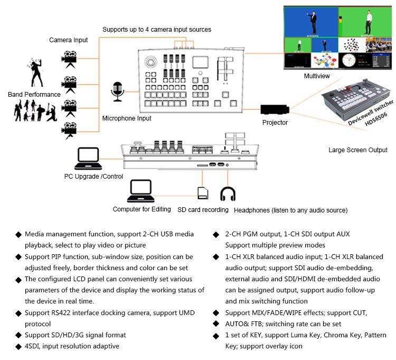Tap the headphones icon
click(x=228, y=194)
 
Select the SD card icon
click(x=202, y=193)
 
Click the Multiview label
click(x=317, y=76)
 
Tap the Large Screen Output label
click(x=358, y=150)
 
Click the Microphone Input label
click(x=127, y=118)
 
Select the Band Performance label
click(x=34, y=95)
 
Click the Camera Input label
click(x=69, y=40)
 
